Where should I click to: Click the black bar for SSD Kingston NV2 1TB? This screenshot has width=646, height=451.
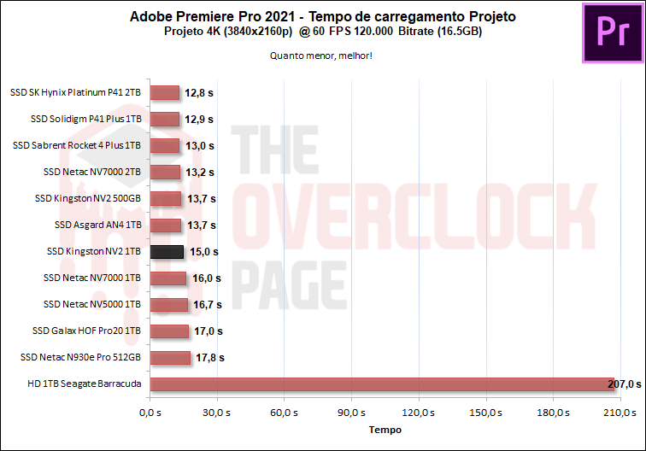tap(167, 252)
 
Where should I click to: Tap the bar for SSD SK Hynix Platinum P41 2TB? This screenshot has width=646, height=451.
tap(164, 93)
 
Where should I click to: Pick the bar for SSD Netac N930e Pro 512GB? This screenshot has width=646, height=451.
tap(170, 358)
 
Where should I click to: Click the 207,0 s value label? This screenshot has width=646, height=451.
tap(624, 384)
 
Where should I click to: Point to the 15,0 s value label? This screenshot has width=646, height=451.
tap(204, 252)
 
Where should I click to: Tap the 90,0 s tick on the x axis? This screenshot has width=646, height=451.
tap(351, 413)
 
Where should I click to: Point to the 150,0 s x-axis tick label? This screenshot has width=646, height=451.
tap(485, 413)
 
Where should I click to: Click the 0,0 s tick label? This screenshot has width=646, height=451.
tap(150, 413)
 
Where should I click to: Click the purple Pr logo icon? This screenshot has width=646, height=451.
tap(612, 33)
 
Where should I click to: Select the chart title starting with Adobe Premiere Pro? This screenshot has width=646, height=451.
tap(323, 16)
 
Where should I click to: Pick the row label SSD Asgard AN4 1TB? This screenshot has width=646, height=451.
tap(97, 225)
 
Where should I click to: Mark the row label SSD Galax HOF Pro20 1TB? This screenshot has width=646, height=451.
tap(86, 331)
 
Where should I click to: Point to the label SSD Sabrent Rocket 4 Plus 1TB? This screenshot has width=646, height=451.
tap(77, 146)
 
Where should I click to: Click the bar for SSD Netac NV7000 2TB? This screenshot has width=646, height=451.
tap(165, 173)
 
